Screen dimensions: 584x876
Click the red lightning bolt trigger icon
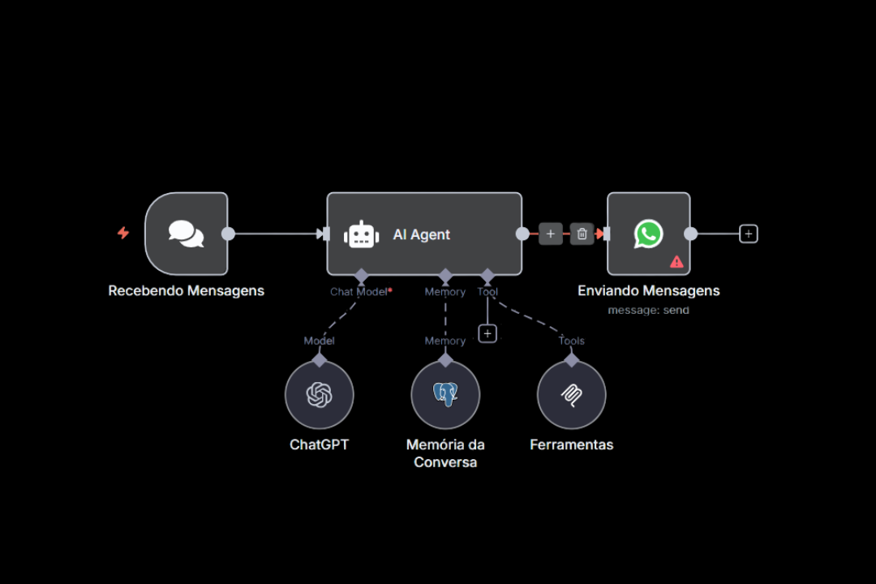click(x=123, y=233)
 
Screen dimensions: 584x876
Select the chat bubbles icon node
click(x=187, y=234)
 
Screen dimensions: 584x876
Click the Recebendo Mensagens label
click(x=187, y=290)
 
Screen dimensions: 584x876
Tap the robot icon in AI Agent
click(x=361, y=234)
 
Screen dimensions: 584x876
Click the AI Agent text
click(x=421, y=234)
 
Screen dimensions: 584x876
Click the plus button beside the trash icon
click(x=550, y=234)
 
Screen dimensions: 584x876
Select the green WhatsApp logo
click(x=648, y=234)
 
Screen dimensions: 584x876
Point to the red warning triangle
click(x=676, y=262)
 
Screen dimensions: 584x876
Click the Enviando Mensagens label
click(x=648, y=290)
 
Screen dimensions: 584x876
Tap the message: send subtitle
click(x=648, y=310)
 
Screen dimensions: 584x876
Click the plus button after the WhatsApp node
click(x=749, y=234)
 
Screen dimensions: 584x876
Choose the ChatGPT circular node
click(x=319, y=395)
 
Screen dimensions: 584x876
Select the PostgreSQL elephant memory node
click(x=445, y=395)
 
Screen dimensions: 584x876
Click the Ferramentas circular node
click(x=572, y=395)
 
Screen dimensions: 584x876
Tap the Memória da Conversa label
click(x=445, y=453)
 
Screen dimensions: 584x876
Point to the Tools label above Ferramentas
click(x=572, y=341)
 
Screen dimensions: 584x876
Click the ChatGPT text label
click(x=319, y=444)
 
